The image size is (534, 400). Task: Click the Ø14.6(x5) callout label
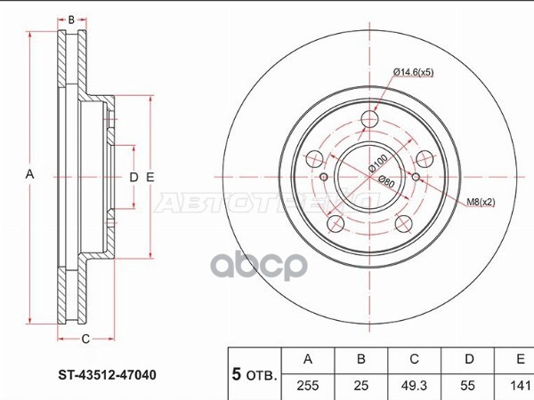point(414,72)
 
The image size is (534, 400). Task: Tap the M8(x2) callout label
point(481,202)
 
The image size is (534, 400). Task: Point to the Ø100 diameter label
point(378,164)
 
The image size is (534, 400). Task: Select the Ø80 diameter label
point(387,181)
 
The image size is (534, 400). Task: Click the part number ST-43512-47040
point(108,375)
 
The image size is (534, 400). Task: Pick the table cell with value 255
point(308,386)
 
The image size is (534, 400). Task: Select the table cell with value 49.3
point(414,386)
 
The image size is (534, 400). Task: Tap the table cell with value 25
point(361,386)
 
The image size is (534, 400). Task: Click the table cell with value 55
point(467,386)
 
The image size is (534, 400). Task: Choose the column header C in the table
point(414,359)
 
